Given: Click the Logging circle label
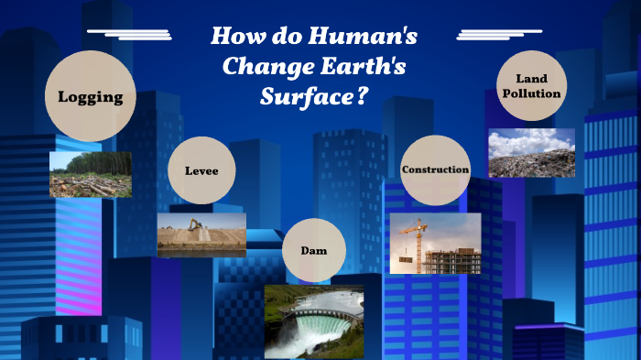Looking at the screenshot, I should (x=90, y=96).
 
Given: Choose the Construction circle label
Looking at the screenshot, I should (x=435, y=170).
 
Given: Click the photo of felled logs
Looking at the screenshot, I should (x=90, y=175).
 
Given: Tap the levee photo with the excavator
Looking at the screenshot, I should (x=201, y=235).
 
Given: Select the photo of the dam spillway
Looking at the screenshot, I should (x=314, y=321).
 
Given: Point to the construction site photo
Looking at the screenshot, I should (x=435, y=244).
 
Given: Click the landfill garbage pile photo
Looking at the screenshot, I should (x=531, y=153).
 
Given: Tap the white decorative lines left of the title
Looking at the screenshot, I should (x=131, y=35).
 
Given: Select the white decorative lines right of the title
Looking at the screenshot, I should (x=498, y=35).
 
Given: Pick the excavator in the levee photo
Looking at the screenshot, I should (x=195, y=224).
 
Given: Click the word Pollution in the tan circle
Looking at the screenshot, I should (x=531, y=93).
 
